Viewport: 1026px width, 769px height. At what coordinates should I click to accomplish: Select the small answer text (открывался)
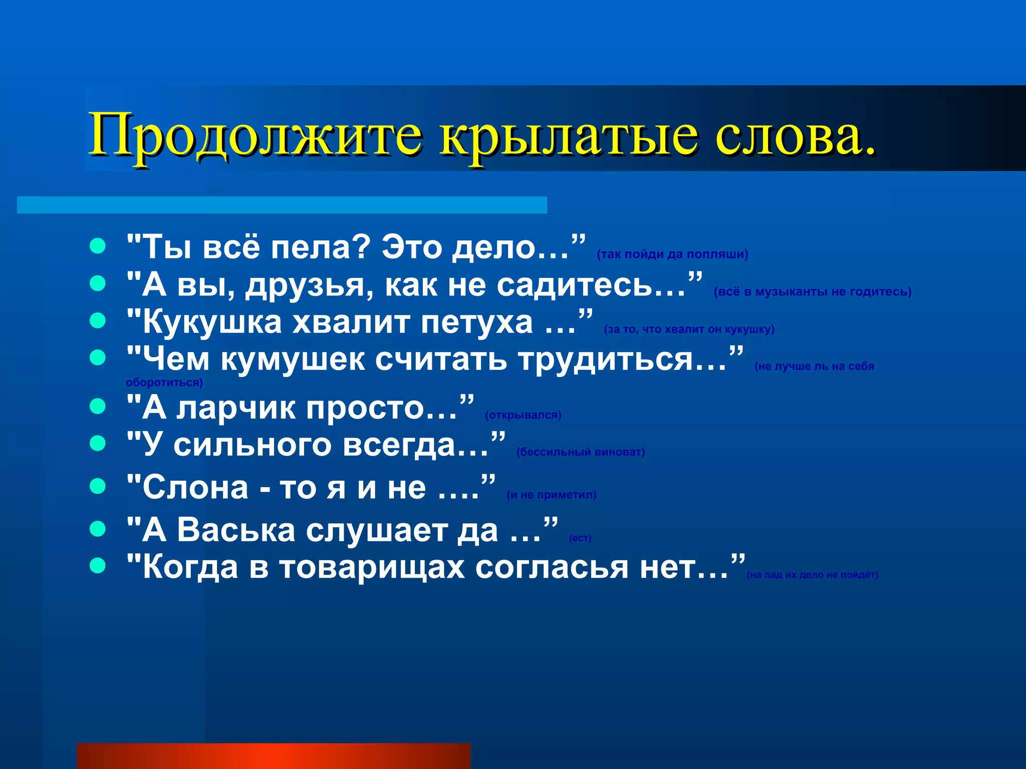(x=523, y=415)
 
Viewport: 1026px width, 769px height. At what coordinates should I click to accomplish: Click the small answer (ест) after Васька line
(x=580, y=538)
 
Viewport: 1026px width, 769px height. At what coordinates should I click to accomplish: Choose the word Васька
(x=236, y=530)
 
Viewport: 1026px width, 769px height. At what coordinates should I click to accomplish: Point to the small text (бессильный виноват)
(x=580, y=452)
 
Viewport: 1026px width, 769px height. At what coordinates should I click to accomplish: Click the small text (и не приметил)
(x=551, y=495)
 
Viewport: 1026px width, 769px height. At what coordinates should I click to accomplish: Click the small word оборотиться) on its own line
(x=164, y=383)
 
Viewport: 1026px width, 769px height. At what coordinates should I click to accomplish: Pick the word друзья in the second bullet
(x=309, y=285)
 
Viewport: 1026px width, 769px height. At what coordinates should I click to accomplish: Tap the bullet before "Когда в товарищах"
(x=98, y=566)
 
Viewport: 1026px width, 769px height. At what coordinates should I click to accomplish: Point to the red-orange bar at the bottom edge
(x=273, y=756)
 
